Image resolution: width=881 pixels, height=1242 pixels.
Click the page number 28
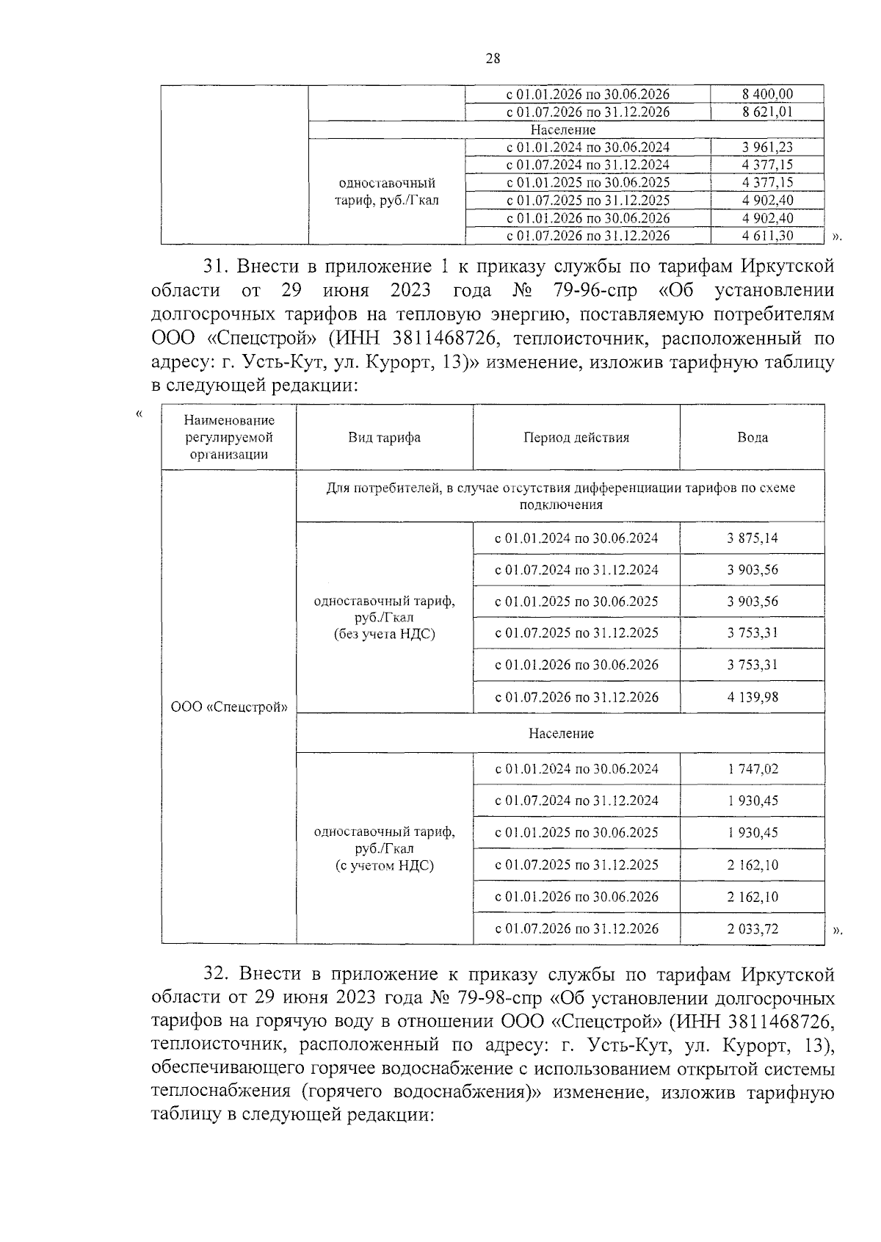493,59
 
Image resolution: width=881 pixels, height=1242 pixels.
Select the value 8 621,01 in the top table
767,112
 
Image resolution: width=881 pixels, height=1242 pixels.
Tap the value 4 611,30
767,236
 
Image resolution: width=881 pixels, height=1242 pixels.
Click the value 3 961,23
767,148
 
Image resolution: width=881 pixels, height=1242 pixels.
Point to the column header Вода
753,438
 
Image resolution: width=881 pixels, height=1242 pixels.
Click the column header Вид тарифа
384,438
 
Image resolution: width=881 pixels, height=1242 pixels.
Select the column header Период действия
576,438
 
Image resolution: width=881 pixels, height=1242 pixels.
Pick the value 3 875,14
753,538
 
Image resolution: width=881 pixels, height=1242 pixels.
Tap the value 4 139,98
753,697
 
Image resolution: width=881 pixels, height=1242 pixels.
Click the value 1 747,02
753,769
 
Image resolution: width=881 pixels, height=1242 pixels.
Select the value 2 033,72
753,929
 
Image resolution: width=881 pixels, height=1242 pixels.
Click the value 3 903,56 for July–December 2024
753,570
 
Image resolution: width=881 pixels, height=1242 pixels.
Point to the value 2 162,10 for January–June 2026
753,897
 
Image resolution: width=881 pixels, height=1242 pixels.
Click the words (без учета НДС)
384,635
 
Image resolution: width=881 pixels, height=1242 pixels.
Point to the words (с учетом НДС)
384,866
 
